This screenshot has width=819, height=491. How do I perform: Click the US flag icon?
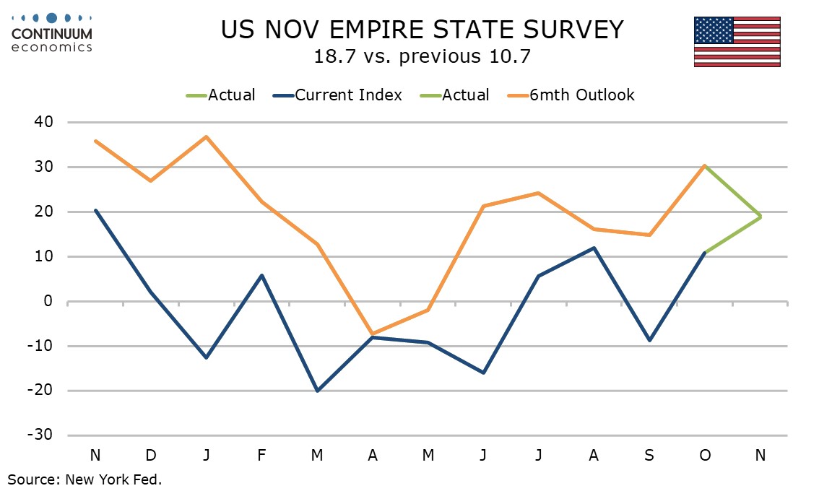pos(737,41)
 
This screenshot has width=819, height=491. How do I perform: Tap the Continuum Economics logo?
pos(52,32)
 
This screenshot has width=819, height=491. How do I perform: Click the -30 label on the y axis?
pos(40,435)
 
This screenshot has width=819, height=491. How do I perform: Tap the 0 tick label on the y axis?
pos(49,301)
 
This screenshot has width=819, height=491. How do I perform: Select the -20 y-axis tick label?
pos(40,391)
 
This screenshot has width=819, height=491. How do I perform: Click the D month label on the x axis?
pos(151,455)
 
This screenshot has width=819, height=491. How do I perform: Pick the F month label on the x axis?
pos(261,455)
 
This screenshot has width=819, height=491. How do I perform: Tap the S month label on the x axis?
pos(649,455)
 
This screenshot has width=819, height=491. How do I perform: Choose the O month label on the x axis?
pos(704,455)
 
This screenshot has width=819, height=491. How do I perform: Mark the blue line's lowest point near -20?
pos(317,391)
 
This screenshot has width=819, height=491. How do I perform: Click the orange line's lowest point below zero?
pos(373,334)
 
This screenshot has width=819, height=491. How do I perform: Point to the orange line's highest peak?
pos(207,136)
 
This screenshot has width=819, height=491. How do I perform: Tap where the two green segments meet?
pos(760,217)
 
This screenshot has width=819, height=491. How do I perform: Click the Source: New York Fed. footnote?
pos(85,479)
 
